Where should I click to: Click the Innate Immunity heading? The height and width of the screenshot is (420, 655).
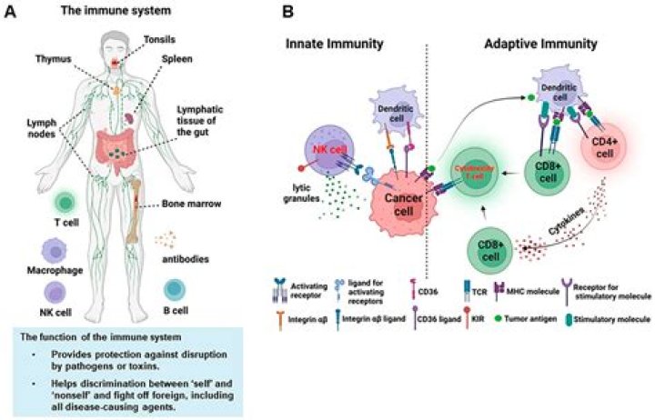(334, 43)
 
